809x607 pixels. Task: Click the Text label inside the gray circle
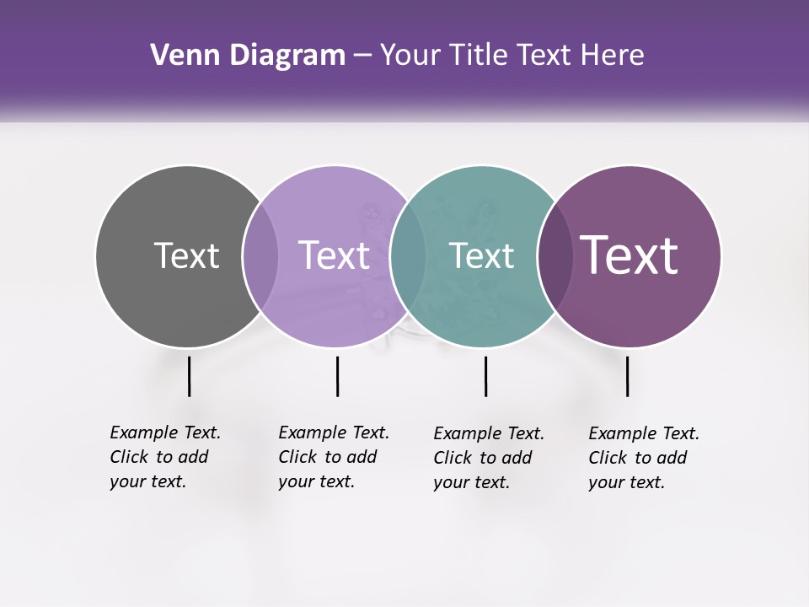click(186, 255)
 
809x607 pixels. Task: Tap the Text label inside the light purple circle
click(334, 255)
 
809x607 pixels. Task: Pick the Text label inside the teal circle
click(481, 255)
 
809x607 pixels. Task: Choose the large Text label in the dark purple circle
click(630, 255)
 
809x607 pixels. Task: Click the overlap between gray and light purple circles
click(260, 255)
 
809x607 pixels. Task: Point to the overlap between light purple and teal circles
click(408, 255)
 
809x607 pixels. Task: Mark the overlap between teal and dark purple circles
click(555, 255)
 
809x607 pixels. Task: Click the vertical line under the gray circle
click(189, 376)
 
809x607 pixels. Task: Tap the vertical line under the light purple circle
click(337, 376)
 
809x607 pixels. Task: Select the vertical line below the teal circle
click(485, 376)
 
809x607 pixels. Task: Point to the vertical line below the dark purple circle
click(627, 376)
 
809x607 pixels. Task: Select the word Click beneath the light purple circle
click(297, 457)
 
